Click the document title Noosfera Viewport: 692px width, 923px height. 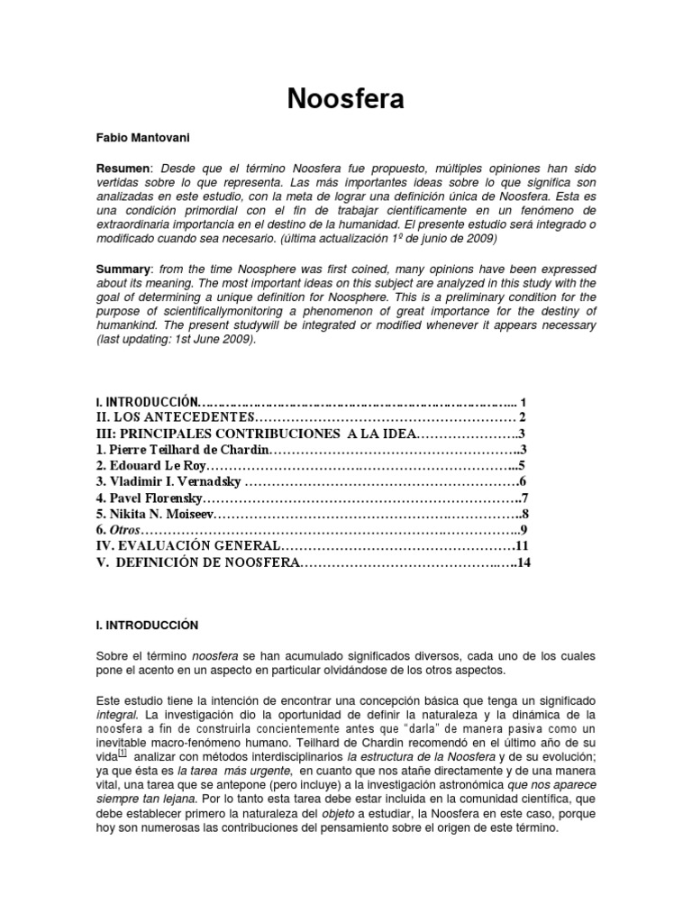pyautogui.click(x=346, y=99)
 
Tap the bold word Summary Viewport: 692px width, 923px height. pyautogui.click(x=124, y=270)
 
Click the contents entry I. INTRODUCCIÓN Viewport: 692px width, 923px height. pyautogui.click(x=145, y=402)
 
